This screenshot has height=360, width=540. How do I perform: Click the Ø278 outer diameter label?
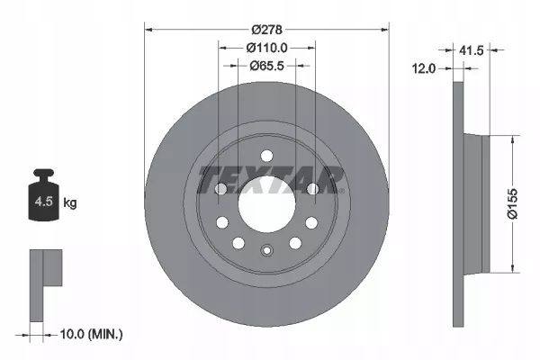tap(266, 29)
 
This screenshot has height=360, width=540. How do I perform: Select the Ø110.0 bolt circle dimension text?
tap(266, 47)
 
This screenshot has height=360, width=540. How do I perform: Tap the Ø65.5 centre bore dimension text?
tap(266, 64)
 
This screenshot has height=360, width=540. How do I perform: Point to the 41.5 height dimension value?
tap(471, 51)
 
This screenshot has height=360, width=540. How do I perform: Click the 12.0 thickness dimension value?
tap(424, 67)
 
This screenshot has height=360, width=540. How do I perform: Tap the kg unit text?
tap(70, 203)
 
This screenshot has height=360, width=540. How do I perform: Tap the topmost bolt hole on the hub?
tap(266, 155)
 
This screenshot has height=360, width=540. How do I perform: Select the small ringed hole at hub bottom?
tap(266, 251)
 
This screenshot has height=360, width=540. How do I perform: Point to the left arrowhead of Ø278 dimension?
tap(149, 29)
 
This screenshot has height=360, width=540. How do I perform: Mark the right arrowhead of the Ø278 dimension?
tap(384, 29)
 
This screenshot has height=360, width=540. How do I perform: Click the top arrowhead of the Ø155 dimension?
tap(514, 139)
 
